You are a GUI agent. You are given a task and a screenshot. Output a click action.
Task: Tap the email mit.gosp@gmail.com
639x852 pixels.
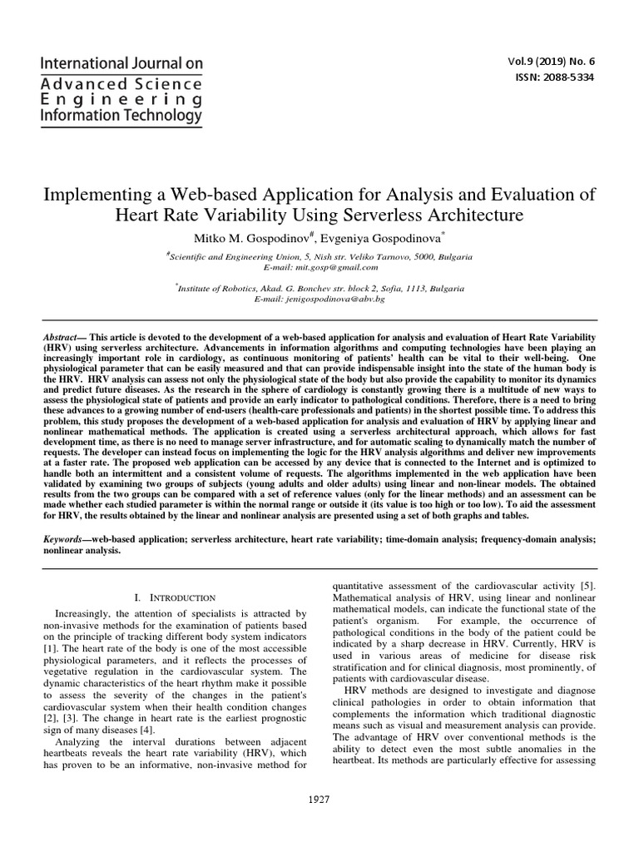point(320,267)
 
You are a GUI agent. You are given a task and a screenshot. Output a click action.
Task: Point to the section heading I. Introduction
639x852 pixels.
point(175,597)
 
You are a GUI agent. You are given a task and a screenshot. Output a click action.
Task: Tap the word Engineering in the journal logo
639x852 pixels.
point(122,100)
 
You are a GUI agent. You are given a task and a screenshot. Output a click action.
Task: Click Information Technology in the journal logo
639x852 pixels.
point(122,116)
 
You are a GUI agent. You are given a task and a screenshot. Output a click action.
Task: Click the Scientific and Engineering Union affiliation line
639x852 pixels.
point(320,257)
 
